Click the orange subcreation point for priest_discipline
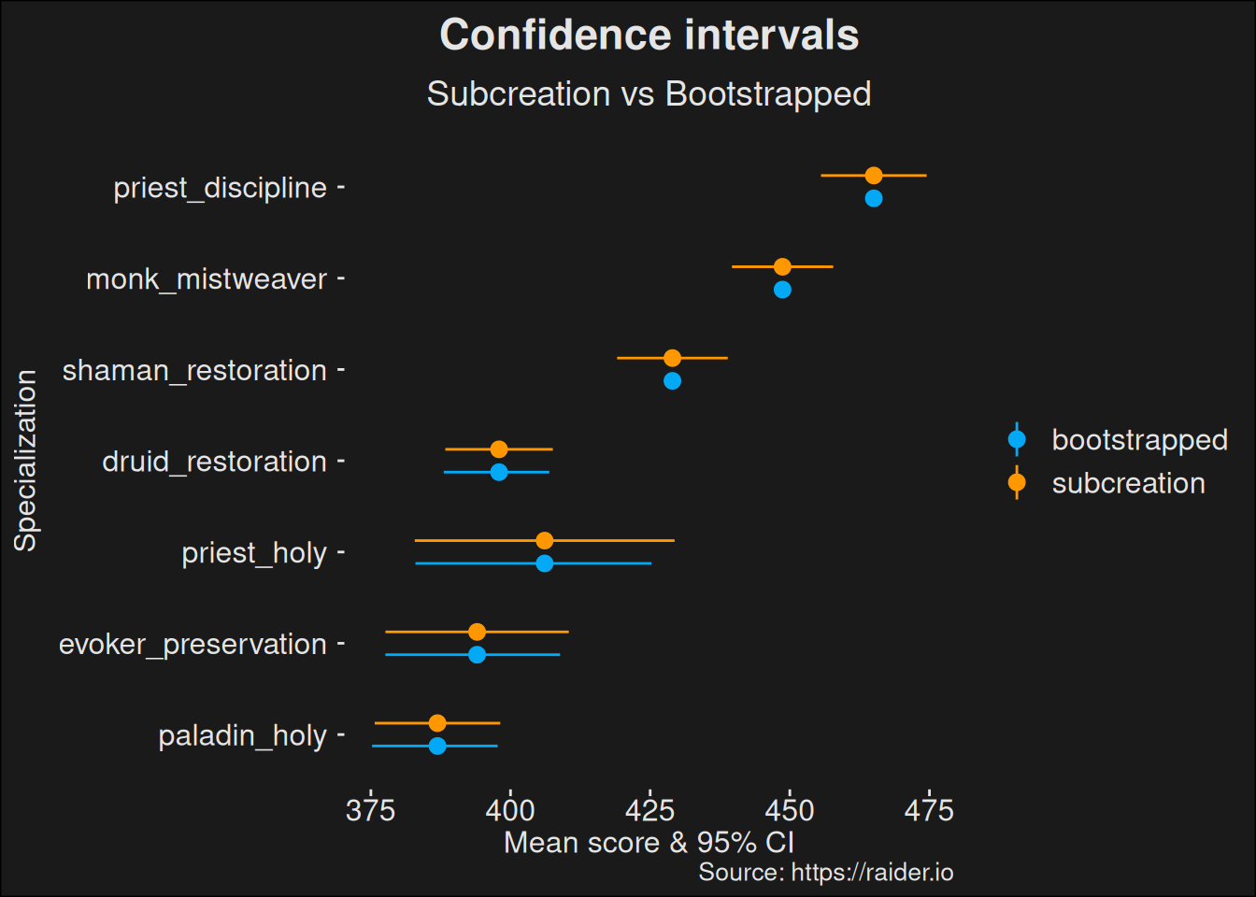(x=874, y=176)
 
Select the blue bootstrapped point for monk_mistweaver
(x=782, y=290)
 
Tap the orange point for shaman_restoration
(x=672, y=358)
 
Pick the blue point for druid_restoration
(x=499, y=472)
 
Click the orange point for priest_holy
(x=545, y=541)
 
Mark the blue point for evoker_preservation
(x=477, y=655)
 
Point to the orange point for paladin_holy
(x=437, y=723)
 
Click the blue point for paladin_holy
(x=437, y=746)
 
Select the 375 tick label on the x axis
(x=370, y=810)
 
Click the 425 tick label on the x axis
(x=649, y=810)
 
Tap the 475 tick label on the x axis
(x=928, y=810)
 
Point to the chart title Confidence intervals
(x=649, y=36)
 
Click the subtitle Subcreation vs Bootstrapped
(x=649, y=94)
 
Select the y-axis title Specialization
(x=25, y=461)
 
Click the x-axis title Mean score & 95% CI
(x=649, y=843)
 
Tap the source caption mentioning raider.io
(x=825, y=873)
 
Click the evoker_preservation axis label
(x=193, y=644)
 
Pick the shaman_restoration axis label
(x=194, y=370)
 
